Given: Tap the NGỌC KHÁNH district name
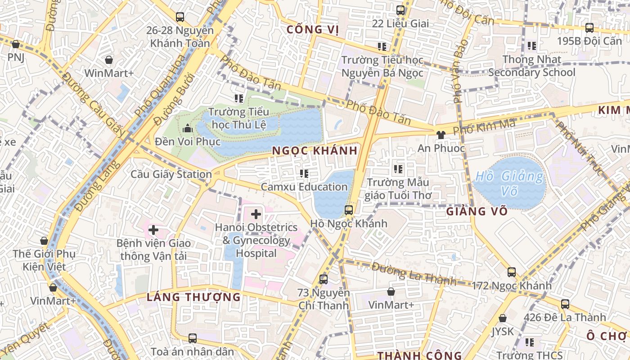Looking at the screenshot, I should tap(315, 151).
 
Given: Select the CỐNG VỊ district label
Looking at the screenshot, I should tap(312, 30).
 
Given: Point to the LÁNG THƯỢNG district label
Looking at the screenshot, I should tap(194, 297).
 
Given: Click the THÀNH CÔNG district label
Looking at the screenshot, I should tap(419, 355).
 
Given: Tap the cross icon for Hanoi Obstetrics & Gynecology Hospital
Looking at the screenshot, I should tap(256, 214).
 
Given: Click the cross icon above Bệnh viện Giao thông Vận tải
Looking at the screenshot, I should tap(153, 230).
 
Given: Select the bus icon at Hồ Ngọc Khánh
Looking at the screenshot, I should tap(348, 210).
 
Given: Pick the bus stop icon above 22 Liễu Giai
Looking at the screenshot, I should tap(400, 10).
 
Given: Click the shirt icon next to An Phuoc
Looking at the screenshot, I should tap(441, 135).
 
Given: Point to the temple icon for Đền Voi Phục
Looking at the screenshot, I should tap(187, 129).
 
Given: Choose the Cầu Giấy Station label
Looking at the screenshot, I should tap(171, 174).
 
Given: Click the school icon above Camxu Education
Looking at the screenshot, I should tap(304, 173).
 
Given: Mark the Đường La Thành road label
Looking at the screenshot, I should tap(414, 274).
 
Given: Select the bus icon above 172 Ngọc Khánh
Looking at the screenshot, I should tap(512, 272).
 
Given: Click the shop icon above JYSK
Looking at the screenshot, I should tap(503, 318).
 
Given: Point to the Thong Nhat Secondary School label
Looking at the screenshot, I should tap(531, 66).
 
